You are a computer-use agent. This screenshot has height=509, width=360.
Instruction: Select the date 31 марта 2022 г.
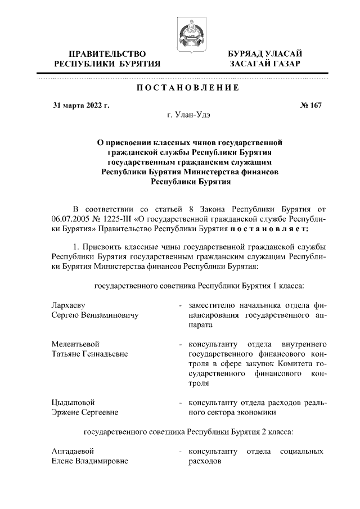81,105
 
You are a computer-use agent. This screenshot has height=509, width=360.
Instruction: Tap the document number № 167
311,105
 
